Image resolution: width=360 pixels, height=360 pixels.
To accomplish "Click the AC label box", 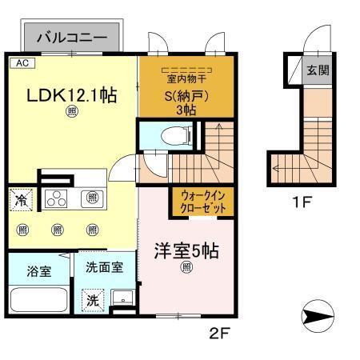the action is coord(22,63).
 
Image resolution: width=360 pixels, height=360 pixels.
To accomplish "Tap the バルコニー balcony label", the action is coord(72,38).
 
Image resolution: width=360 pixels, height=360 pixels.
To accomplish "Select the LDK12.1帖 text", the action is coord(72,96).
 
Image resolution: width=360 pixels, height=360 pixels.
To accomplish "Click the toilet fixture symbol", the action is coord(176,135).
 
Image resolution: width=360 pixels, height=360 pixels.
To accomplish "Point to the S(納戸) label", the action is coord(186,96).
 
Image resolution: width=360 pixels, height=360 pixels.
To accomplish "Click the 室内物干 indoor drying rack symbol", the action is coord(186,70).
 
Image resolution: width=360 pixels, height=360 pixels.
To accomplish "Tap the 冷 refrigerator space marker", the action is coord(21,200).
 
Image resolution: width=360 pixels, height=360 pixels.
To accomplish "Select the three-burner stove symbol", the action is coord(56,198).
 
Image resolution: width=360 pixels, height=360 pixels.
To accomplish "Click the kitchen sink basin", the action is coord(92,198).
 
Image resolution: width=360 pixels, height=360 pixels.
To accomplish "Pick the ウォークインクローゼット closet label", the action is coord(203,202).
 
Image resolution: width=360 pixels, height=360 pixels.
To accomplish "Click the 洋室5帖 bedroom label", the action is coord(186,250).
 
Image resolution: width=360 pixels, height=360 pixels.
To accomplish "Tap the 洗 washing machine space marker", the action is coord(93,300).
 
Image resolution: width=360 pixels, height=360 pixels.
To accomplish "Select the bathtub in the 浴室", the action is coord(39,299).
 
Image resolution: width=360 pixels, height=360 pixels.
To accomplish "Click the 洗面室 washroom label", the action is coord(105,267).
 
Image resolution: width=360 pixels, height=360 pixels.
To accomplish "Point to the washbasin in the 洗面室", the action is coord(123,297).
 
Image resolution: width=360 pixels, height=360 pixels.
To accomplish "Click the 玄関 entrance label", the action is coord(318,70).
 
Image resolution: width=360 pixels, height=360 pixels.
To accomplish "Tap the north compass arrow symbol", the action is coord(318,316).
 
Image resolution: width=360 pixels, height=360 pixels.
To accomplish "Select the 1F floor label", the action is coord(302,202).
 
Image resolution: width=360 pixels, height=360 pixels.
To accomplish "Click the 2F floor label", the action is coord(219,333).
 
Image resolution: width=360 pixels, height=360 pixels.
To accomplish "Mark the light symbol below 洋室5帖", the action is coord(186,267).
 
